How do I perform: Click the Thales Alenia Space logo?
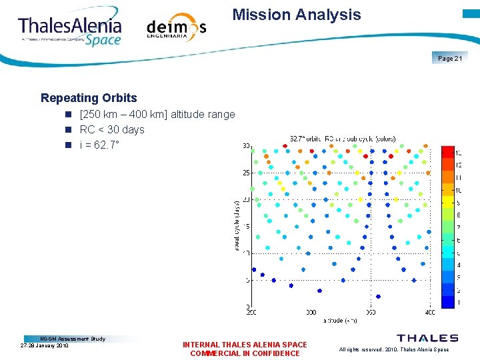click(x=71, y=29)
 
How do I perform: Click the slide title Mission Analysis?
click(x=297, y=15)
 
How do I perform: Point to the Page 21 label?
click(x=450, y=59)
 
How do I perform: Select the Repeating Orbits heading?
click(x=89, y=98)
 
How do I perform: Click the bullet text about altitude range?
click(x=157, y=115)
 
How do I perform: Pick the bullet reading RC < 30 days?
click(x=111, y=129)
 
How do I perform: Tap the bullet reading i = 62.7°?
click(x=101, y=144)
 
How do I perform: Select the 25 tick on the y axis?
click(x=246, y=173)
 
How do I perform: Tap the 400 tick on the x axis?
click(x=429, y=312)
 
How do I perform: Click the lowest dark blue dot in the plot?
click(x=378, y=297)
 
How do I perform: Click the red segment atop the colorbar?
click(x=448, y=152)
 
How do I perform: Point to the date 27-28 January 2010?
click(x=45, y=345)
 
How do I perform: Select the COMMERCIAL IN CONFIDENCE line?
click(x=245, y=353)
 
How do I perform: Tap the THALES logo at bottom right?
click(x=427, y=339)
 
